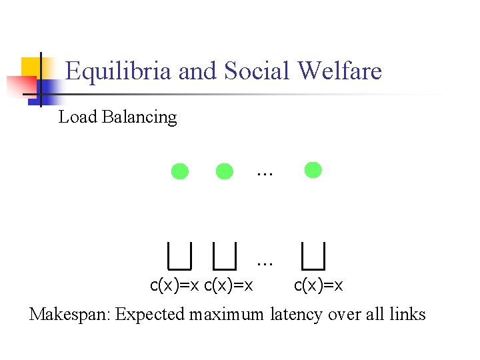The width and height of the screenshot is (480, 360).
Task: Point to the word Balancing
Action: [139, 118]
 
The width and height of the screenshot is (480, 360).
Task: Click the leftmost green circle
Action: [180, 171]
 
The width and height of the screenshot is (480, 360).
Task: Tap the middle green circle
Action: [225, 171]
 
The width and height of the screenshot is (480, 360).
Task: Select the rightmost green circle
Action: [313, 170]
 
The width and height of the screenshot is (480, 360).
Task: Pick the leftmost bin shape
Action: [179, 254]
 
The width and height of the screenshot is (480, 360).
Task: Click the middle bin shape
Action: [225, 254]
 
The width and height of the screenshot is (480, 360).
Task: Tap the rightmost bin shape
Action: [313, 254]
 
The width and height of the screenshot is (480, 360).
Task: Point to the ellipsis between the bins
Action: [265, 261]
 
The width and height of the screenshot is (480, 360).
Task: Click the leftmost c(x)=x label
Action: [175, 286]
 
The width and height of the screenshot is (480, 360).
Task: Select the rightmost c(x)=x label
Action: [319, 286]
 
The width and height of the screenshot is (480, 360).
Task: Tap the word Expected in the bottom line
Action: [150, 315]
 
